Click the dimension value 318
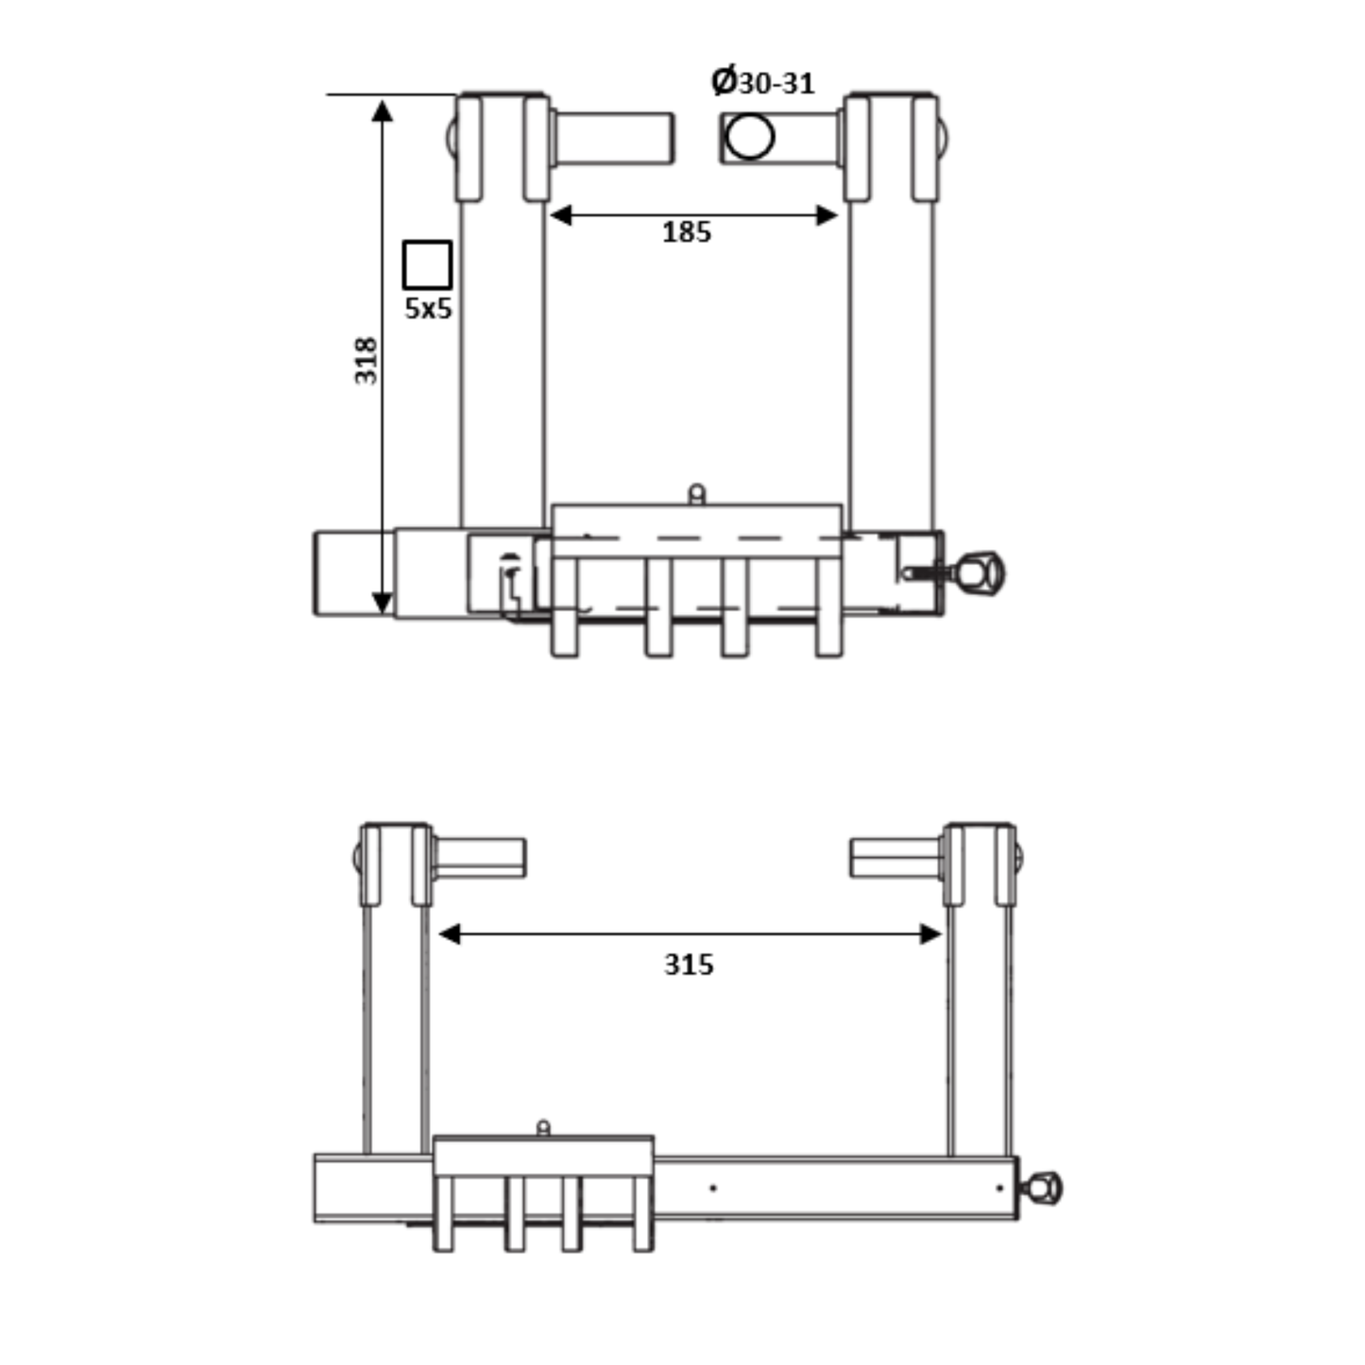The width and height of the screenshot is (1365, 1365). click(366, 360)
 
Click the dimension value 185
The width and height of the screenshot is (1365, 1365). click(686, 232)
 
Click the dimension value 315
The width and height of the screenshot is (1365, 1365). click(689, 964)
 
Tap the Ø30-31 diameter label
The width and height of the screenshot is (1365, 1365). click(763, 82)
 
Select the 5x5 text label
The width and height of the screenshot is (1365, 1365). click(428, 308)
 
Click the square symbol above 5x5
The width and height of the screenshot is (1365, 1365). click(427, 264)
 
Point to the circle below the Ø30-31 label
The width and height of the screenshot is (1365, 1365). click(750, 137)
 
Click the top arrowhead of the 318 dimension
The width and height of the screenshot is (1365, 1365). click(382, 111)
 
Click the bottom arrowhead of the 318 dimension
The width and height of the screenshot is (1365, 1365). click(382, 603)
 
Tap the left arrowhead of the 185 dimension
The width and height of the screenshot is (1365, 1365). click(561, 215)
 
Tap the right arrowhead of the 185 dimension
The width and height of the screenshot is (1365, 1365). click(827, 215)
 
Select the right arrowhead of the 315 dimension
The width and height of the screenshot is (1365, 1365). click(931, 934)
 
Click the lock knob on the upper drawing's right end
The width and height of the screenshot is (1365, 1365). click(981, 572)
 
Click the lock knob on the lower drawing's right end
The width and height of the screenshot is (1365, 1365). click(1044, 1187)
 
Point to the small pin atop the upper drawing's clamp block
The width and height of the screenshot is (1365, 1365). click(696, 493)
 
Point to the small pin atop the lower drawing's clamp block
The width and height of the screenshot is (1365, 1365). click(543, 1127)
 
